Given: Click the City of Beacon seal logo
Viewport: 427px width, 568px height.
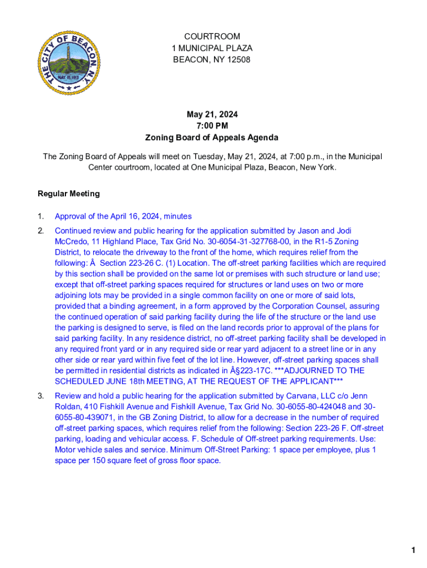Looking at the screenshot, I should click(x=69, y=63).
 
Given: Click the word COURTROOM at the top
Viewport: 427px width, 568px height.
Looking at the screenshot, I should click(x=212, y=37).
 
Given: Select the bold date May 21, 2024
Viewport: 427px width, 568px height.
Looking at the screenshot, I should click(x=212, y=114).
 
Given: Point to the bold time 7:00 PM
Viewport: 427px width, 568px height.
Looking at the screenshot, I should click(x=212, y=126).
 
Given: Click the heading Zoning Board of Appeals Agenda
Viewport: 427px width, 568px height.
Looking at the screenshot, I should click(x=212, y=138).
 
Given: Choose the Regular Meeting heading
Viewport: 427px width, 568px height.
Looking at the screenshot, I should click(x=69, y=194).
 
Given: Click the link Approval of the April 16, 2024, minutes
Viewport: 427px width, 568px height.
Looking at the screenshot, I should click(x=123, y=216).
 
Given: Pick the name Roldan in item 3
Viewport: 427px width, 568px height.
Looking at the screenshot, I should click(x=68, y=407).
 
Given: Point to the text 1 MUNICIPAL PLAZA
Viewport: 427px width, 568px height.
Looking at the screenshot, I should click(x=212, y=48).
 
